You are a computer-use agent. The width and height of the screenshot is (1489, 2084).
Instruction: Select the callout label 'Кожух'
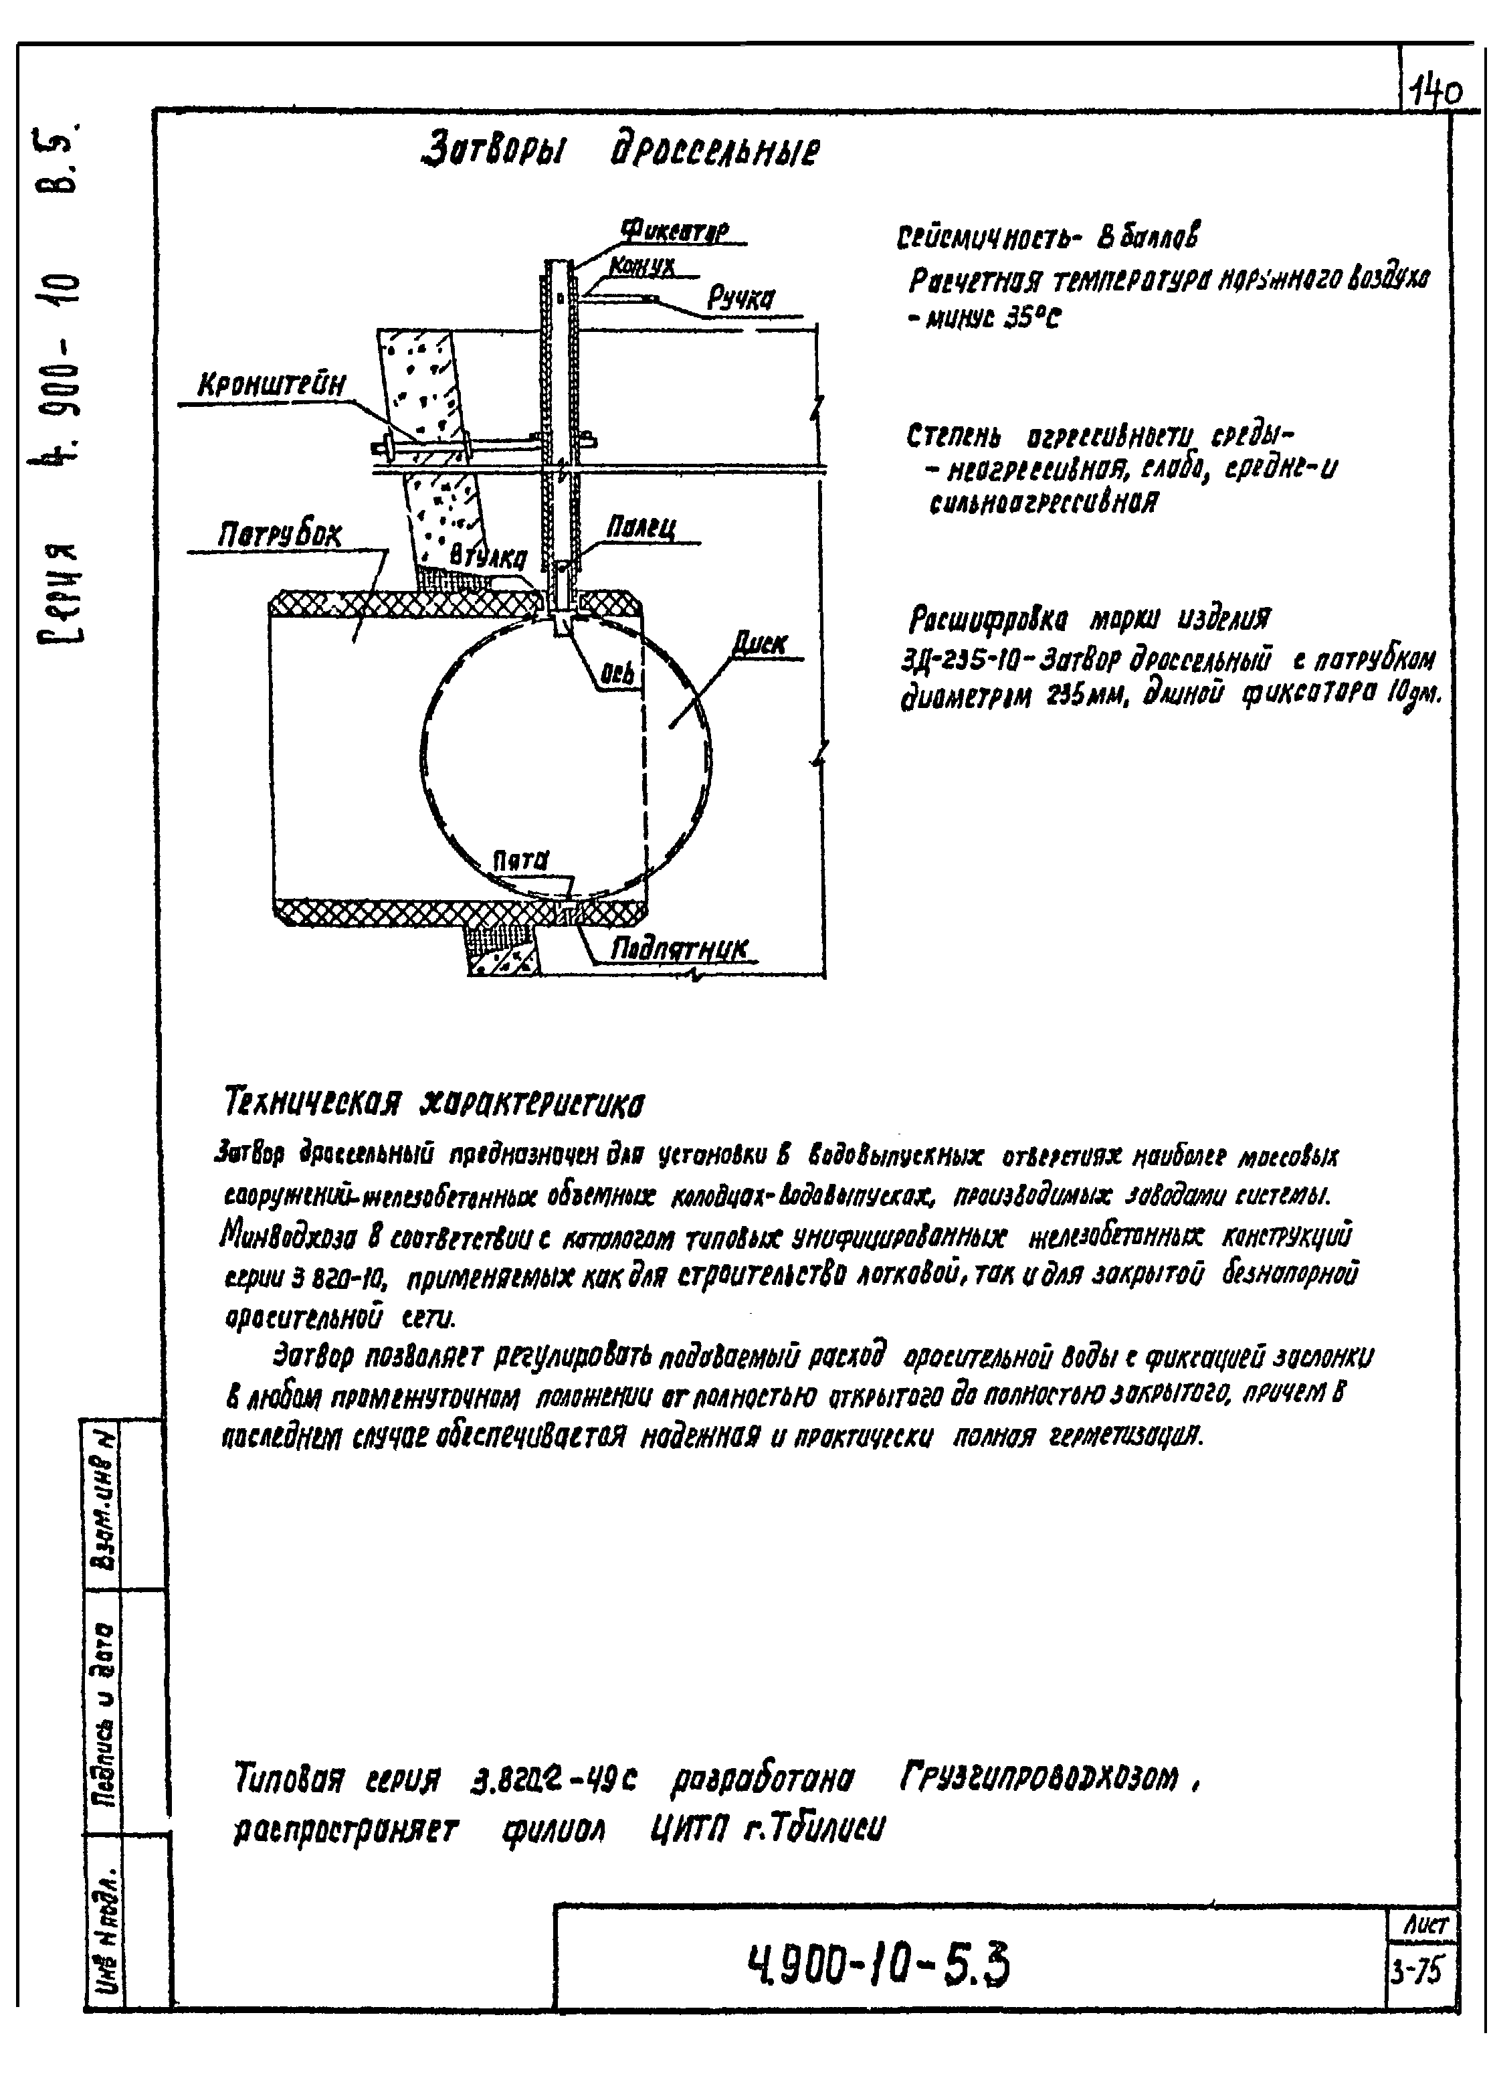pos(641,266)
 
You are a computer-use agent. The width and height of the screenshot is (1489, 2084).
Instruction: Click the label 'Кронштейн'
pos(272,386)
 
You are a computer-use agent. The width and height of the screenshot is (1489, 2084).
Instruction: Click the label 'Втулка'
pos(488,557)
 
